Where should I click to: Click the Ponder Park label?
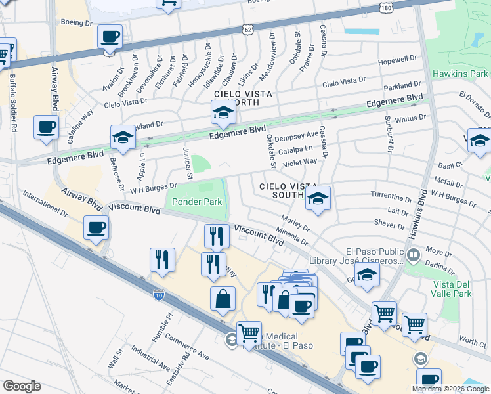click(x=197, y=202)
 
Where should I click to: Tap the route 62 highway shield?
click(x=247, y=30)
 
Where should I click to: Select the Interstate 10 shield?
click(x=159, y=296)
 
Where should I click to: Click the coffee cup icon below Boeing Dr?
click(x=110, y=36)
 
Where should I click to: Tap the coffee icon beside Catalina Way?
click(x=46, y=127)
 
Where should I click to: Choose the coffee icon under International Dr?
click(x=96, y=228)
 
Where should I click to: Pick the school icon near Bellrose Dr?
click(x=123, y=137)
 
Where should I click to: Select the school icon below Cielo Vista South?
click(x=318, y=198)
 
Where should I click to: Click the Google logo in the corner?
click(x=22, y=385)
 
